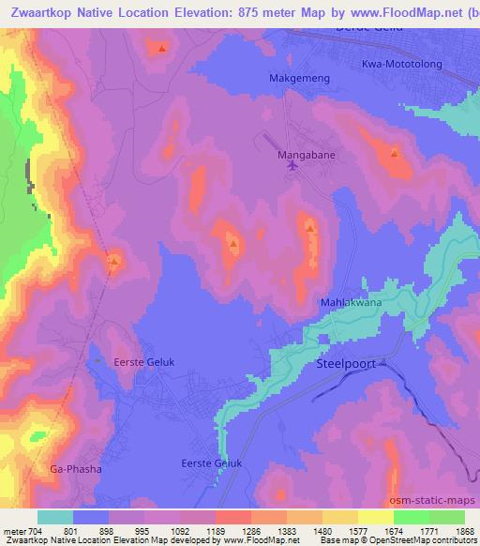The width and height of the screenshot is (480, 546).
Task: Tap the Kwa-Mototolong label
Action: point(401,64)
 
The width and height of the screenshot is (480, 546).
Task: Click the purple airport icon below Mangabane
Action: point(292,166)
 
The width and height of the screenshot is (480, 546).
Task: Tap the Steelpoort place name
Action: point(346,360)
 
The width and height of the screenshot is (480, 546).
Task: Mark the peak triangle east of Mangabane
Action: point(395,153)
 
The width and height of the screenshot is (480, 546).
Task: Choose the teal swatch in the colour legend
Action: point(54,517)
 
